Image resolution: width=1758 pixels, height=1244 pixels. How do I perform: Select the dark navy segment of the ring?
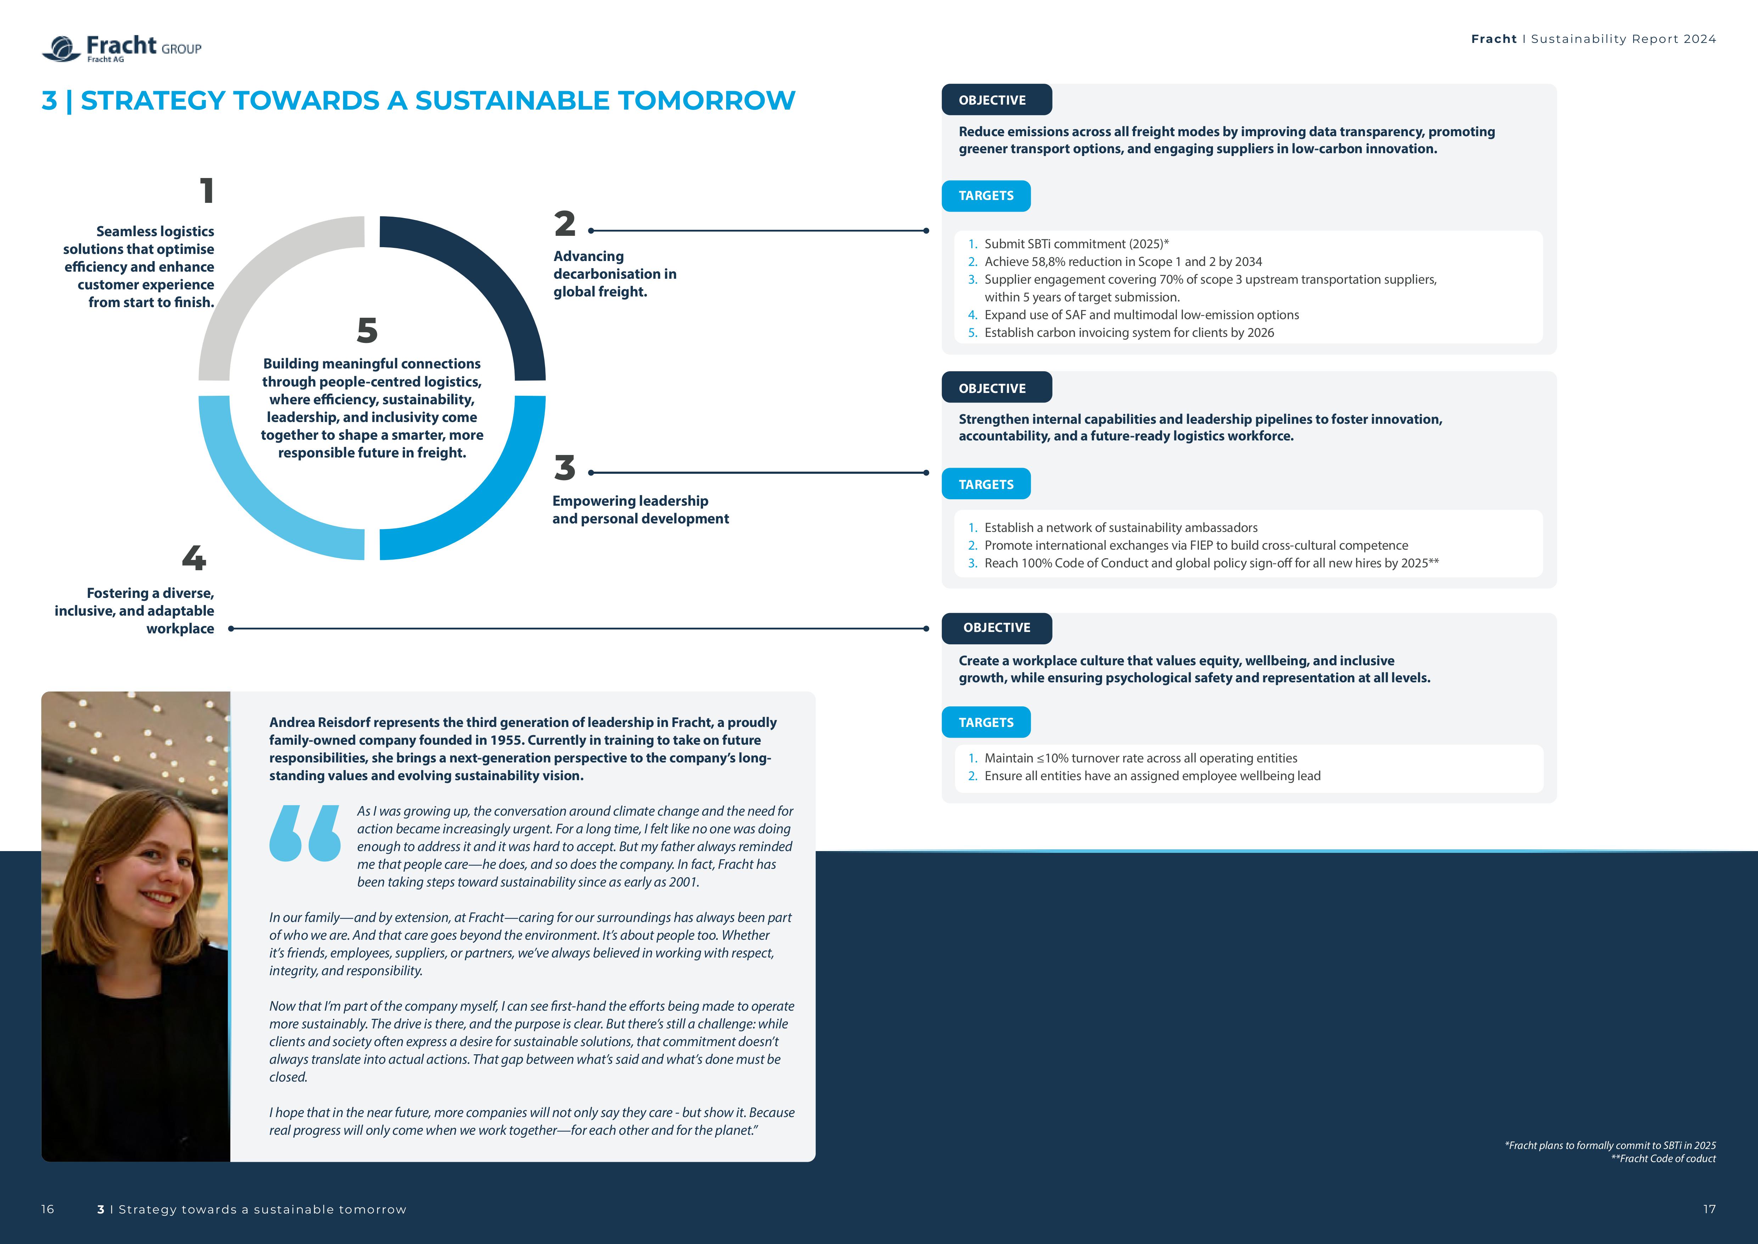tap(490, 283)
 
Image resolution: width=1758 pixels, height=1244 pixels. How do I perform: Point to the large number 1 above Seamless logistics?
tap(207, 191)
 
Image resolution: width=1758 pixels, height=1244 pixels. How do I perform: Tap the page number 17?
tap(1709, 1209)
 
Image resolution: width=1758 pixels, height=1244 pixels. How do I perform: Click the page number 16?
tap(47, 1209)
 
